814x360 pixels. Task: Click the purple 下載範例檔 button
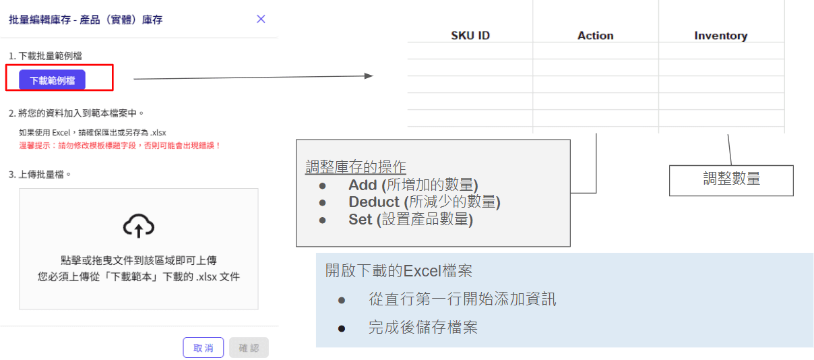pos(52,80)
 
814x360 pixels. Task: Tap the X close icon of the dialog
pos(261,19)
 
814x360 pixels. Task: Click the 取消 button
pos(203,348)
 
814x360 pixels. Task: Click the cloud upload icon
pos(139,227)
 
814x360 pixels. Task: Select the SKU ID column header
pos(470,36)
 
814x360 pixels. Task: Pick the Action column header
pos(596,36)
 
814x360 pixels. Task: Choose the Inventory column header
pos(721,36)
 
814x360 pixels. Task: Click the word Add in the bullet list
pos(363,185)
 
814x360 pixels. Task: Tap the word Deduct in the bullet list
pos(374,202)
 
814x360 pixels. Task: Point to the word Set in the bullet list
pos(361,220)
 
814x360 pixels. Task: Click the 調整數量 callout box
pos(731,179)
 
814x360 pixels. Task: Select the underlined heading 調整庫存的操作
pos(356,167)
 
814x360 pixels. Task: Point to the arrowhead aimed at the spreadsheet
pos(368,76)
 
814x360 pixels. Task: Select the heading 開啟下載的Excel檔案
pos(398,271)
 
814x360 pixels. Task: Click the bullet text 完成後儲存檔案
pos(422,328)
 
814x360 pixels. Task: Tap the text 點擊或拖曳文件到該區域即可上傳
pos(139,260)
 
